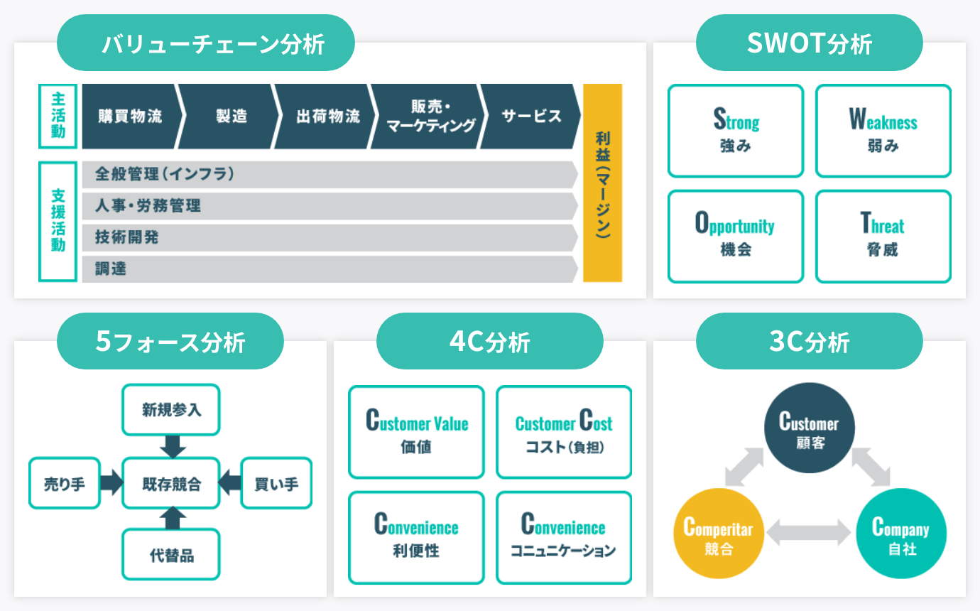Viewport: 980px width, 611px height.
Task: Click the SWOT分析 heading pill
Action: coord(809,43)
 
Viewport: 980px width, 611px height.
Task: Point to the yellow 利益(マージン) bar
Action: coord(602,183)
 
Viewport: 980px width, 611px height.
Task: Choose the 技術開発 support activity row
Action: coord(327,238)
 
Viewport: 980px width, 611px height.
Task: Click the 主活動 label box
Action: coord(58,116)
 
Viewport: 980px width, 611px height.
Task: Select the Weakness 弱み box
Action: coord(883,131)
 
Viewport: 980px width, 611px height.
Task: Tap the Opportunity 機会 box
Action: coord(735,236)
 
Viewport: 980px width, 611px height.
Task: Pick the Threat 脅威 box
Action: coord(883,236)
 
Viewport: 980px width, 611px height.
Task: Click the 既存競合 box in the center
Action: coord(170,484)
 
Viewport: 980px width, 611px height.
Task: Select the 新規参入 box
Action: coord(170,409)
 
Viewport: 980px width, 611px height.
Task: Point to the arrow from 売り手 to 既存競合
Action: coord(111,484)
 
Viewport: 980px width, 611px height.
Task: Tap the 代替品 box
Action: coord(170,555)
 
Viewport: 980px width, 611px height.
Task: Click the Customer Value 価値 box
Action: coord(416,432)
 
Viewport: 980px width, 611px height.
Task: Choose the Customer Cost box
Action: coord(563,432)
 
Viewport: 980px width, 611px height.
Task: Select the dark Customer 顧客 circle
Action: coord(809,431)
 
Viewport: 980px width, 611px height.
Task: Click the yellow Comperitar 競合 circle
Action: coord(717,534)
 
